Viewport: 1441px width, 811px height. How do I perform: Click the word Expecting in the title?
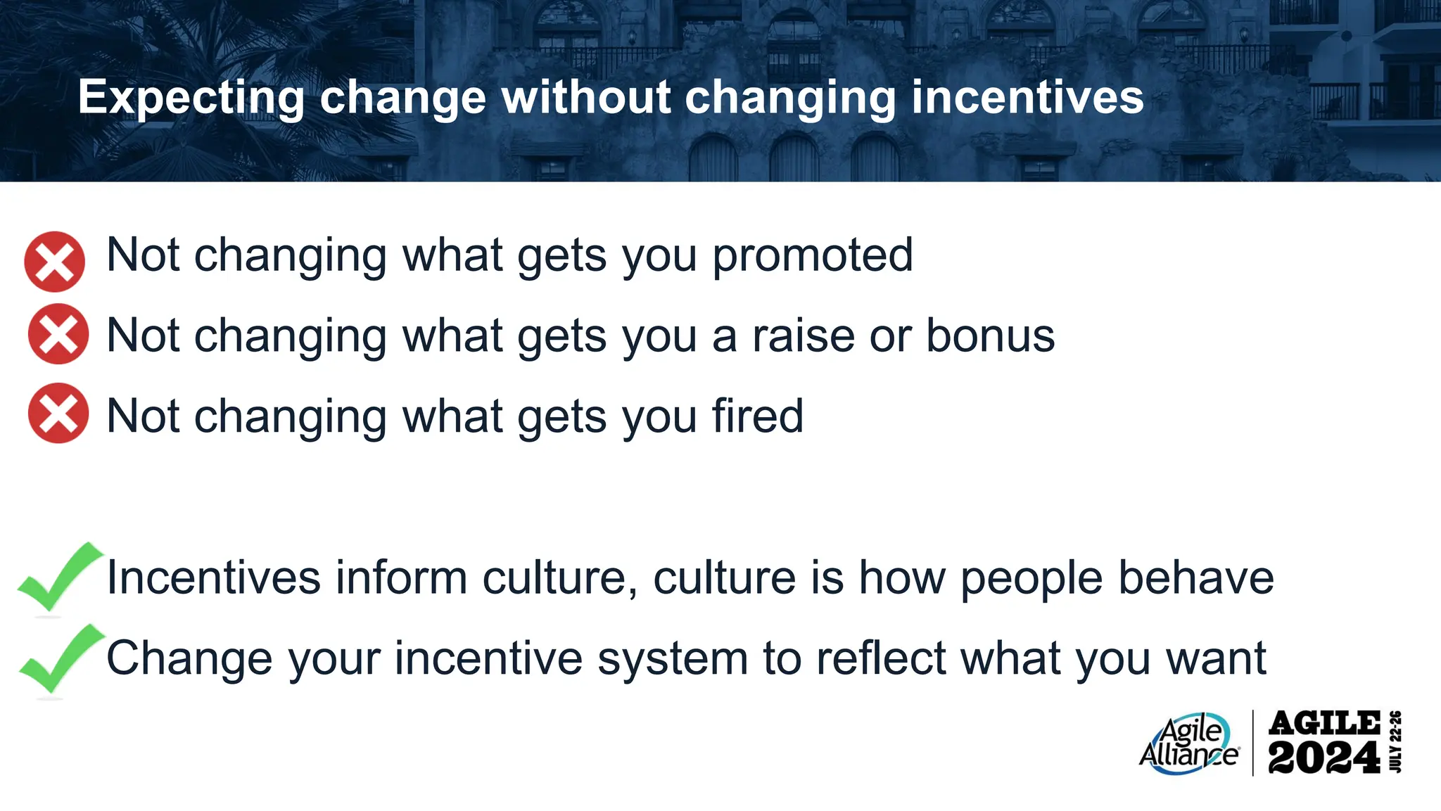tap(191, 97)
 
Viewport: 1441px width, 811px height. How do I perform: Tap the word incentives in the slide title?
tap(1027, 97)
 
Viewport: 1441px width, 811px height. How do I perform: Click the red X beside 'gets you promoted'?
tap(55, 262)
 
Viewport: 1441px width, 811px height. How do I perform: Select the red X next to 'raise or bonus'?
tap(58, 334)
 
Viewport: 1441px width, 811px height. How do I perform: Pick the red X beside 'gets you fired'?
tap(58, 414)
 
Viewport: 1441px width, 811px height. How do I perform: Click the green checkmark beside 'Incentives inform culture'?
tap(58, 577)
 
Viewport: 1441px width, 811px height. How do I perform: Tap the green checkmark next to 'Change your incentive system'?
tap(59, 658)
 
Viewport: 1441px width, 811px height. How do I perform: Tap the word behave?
tap(1196, 578)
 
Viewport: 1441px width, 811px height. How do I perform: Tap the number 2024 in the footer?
tap(1323, 758)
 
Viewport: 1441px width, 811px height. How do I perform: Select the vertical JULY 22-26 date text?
tap(1396, 742)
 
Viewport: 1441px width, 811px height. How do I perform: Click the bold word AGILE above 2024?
tap(1324, 723)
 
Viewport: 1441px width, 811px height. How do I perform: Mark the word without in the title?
tap(585, 97)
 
